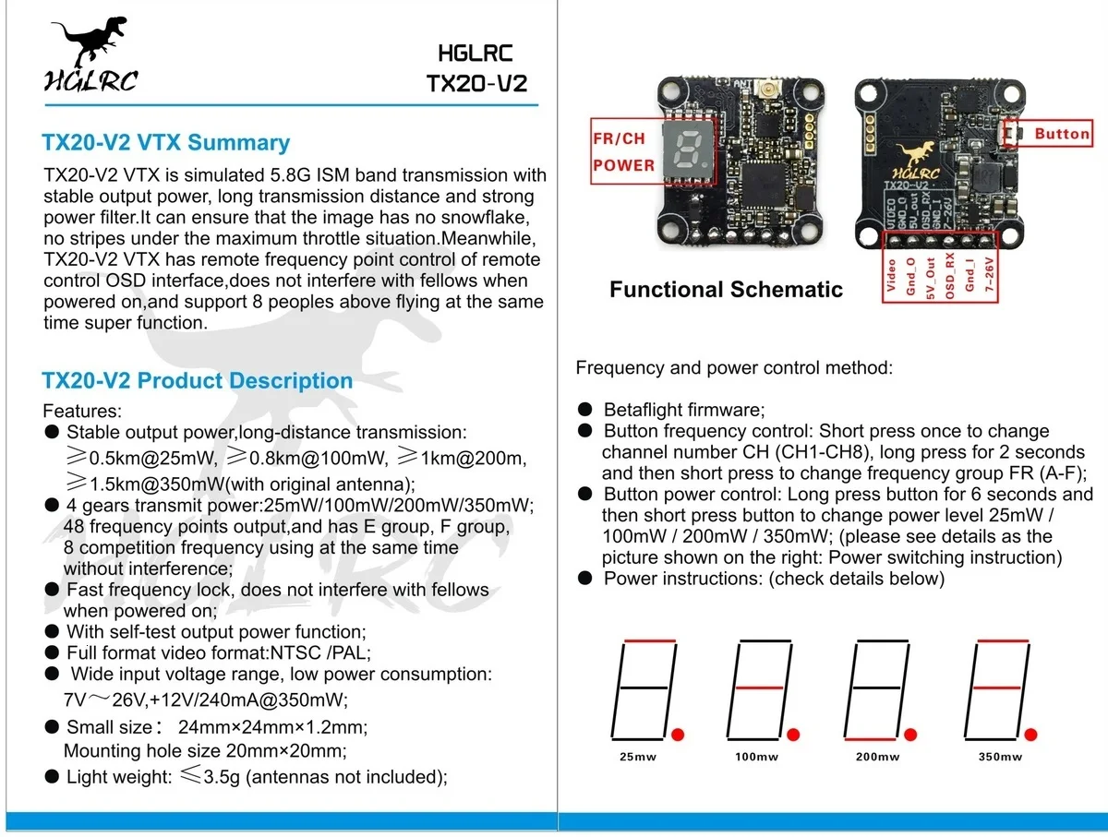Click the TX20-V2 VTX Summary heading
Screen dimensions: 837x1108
click(x=166, y=143)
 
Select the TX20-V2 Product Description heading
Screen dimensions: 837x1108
click(x=198, y=381)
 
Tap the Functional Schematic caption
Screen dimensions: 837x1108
click(x=726, y=290)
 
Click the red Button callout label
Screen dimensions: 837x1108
click(x=1062, y=134)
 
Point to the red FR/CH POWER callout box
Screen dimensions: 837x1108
click(x=624, y=151)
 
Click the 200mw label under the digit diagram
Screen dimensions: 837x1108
click(x=877, y=757)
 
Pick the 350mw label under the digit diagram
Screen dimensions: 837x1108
click(x=1001, y=757)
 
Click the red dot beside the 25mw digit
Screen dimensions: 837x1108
click(x=679, y=735)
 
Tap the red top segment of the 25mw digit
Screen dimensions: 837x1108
click(x=650, y=640)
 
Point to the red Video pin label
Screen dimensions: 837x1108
click(x=891, y=274)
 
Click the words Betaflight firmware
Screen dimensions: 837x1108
click(x=683, y=410)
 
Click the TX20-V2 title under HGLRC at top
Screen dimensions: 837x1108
click(x=476, y=82)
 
